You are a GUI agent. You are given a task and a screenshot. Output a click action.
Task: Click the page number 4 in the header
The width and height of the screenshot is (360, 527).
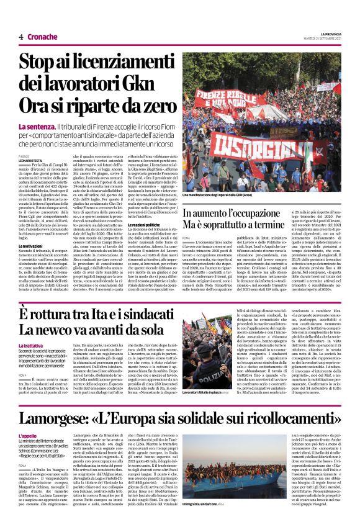pos(20,37)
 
